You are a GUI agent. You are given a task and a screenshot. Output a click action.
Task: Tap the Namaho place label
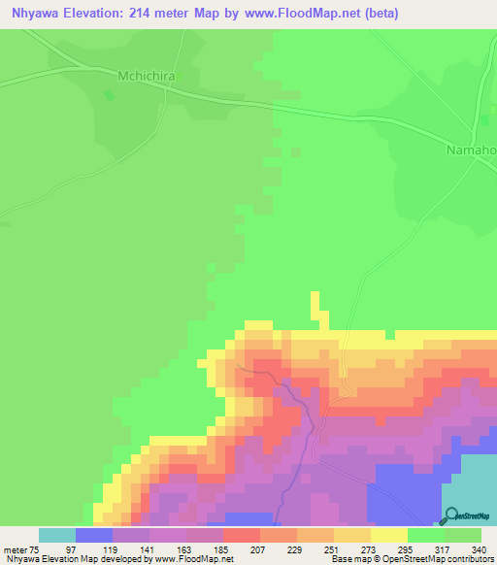[471, 150]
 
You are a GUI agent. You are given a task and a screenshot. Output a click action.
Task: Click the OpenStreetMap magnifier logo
[448, 517]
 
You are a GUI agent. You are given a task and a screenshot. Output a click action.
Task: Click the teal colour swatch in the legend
[57, 535]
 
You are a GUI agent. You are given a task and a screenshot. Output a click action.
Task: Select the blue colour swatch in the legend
[94, 535]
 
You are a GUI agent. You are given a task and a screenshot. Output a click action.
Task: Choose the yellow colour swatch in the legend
[389, 535]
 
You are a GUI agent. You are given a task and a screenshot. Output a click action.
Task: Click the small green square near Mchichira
[109, 94]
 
